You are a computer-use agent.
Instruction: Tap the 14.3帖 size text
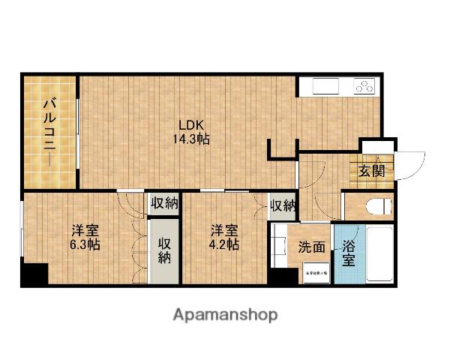tap(193, 139)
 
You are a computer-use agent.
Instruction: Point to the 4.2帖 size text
tap(224, 244)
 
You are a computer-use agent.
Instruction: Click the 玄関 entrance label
tap(371, 170)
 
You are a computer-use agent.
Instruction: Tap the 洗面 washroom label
tap(312, 247)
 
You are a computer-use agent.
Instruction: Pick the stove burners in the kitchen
tap(364, 86)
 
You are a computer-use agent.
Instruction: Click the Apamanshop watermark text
tap(224, 314)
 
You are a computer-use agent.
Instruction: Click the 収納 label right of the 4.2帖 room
tap(283, 205)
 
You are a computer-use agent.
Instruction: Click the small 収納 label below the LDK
tap(164, 202)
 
